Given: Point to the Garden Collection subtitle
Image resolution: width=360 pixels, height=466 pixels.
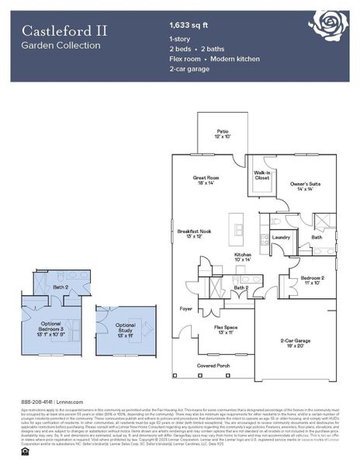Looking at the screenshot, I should click(61, 46).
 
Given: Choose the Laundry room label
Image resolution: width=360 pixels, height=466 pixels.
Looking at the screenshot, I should click(281, 238).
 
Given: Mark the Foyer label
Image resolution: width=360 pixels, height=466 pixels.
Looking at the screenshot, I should click(186, 308).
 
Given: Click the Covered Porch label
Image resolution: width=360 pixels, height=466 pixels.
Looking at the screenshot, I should click(213, 365).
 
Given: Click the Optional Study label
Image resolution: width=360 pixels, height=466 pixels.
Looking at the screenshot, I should click(125, 327).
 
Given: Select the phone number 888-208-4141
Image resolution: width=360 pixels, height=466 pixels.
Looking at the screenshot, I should click(36, 402).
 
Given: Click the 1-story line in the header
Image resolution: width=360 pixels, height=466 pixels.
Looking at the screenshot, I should click(180, 38).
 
